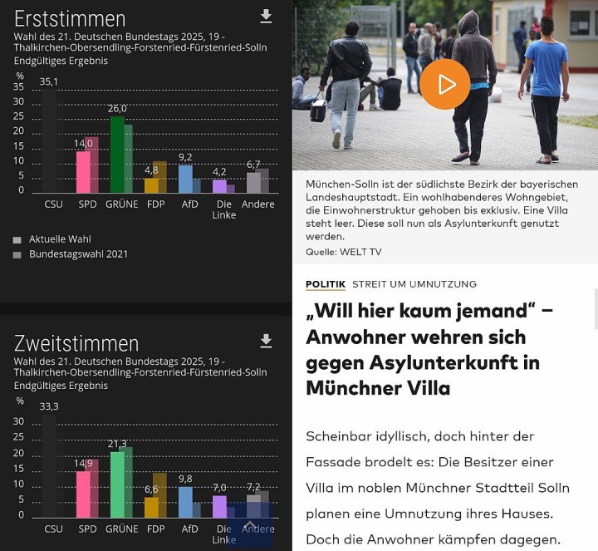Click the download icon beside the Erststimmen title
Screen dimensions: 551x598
[x=266, y=17]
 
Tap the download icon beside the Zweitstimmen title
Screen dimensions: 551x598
[x=266, y=341]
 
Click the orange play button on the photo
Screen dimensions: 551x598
[x=445, y=85]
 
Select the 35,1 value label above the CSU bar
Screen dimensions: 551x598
[x=49, y=81]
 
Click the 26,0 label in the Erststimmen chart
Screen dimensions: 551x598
[x=117, y=108]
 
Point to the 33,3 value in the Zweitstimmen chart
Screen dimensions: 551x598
[x=49, y=406]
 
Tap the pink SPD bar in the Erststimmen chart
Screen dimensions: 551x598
[x=82, y=172]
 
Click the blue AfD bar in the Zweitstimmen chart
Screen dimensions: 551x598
[x=185, y=502]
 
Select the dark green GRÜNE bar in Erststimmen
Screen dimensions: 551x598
[x=117, y=155]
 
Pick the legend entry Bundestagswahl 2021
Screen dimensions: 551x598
[x=78, y=254]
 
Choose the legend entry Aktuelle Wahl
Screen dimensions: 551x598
[x=60, y=239]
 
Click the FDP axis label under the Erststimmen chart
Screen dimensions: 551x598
[x=154, y=204]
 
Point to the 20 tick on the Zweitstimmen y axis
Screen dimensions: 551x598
[x=19, y=453]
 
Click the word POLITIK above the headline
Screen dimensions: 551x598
[x=326, y=284]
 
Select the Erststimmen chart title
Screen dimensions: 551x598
[x=70, y=18]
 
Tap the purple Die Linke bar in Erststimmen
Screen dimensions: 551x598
[x=219, y=186]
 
